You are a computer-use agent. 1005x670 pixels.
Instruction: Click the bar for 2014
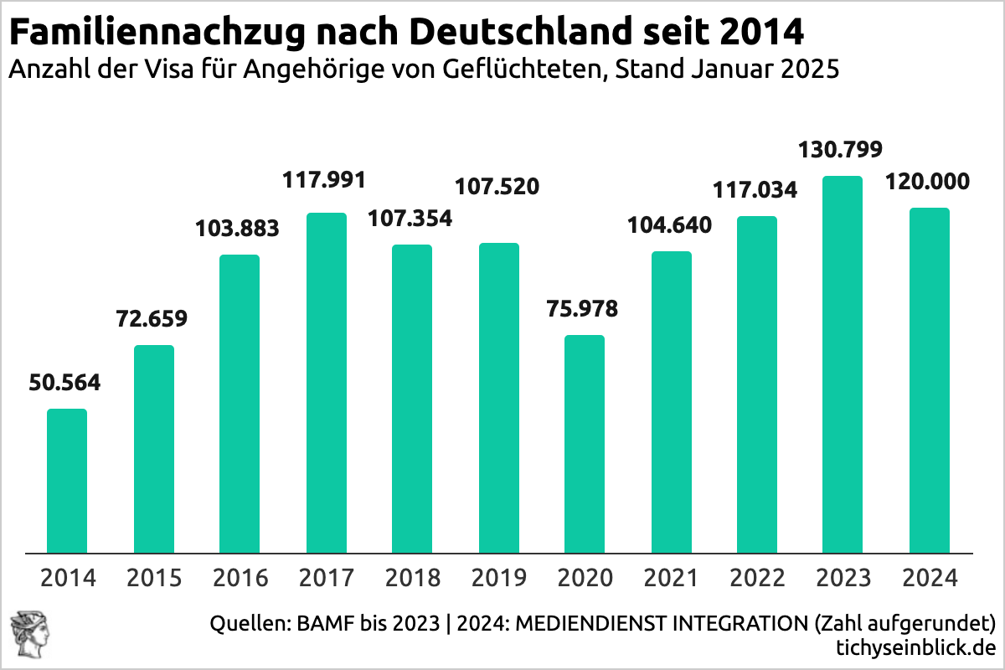pos(67,481)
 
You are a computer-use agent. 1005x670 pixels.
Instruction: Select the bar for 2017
pos(327,383)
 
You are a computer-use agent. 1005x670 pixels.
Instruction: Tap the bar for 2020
pos(585,444)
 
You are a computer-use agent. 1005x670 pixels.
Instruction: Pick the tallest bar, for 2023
pos(843,364)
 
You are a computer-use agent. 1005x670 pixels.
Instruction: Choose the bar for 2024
pos(930,380)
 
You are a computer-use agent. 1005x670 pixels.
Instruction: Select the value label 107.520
pos(497,186)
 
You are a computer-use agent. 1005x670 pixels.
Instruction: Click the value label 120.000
pos(929,182)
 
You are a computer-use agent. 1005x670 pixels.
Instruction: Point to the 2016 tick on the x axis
pos(240,578)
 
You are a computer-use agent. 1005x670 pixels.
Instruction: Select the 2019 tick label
pos(499,578)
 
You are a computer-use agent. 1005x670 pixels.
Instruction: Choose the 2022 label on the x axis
pos(757,578)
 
